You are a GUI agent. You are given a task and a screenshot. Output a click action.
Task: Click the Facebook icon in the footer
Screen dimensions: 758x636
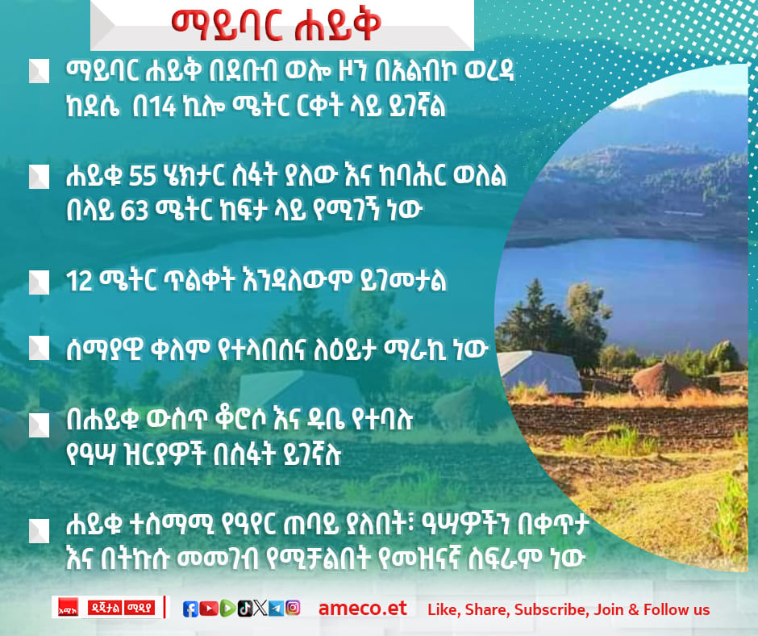tap(190, 609)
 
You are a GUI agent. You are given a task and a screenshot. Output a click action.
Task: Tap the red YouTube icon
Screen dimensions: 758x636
tap(208, 609)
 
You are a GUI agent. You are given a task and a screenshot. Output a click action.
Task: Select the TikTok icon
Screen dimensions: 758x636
tap(244, 609)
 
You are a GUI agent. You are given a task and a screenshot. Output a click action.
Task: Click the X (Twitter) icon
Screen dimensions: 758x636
tap(260, 608)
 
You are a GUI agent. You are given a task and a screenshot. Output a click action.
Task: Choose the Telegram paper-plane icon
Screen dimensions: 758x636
tap(276, 609)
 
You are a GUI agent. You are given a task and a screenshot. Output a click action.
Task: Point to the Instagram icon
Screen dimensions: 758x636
tap(293, 608)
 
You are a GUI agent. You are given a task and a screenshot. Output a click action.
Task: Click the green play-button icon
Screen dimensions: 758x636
tap(227, 609)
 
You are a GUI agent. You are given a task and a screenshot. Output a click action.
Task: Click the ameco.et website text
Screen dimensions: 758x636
tap(363, 609)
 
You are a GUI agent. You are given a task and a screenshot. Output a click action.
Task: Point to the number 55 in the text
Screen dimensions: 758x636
tap(143, 177)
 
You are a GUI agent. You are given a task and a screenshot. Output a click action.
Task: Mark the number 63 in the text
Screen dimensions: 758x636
tap(135, 211)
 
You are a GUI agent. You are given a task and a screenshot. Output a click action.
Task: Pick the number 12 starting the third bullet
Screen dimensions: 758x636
tap(79, 281)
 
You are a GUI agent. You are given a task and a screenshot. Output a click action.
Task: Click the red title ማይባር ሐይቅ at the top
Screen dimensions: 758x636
tap(277, 25)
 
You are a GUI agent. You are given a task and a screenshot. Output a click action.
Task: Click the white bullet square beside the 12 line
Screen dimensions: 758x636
tap(40, 282)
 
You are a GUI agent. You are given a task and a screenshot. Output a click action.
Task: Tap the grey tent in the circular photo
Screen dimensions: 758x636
tap(539, 371)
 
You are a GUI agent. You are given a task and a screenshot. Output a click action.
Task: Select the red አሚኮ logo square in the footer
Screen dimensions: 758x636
tap(69, 607)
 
